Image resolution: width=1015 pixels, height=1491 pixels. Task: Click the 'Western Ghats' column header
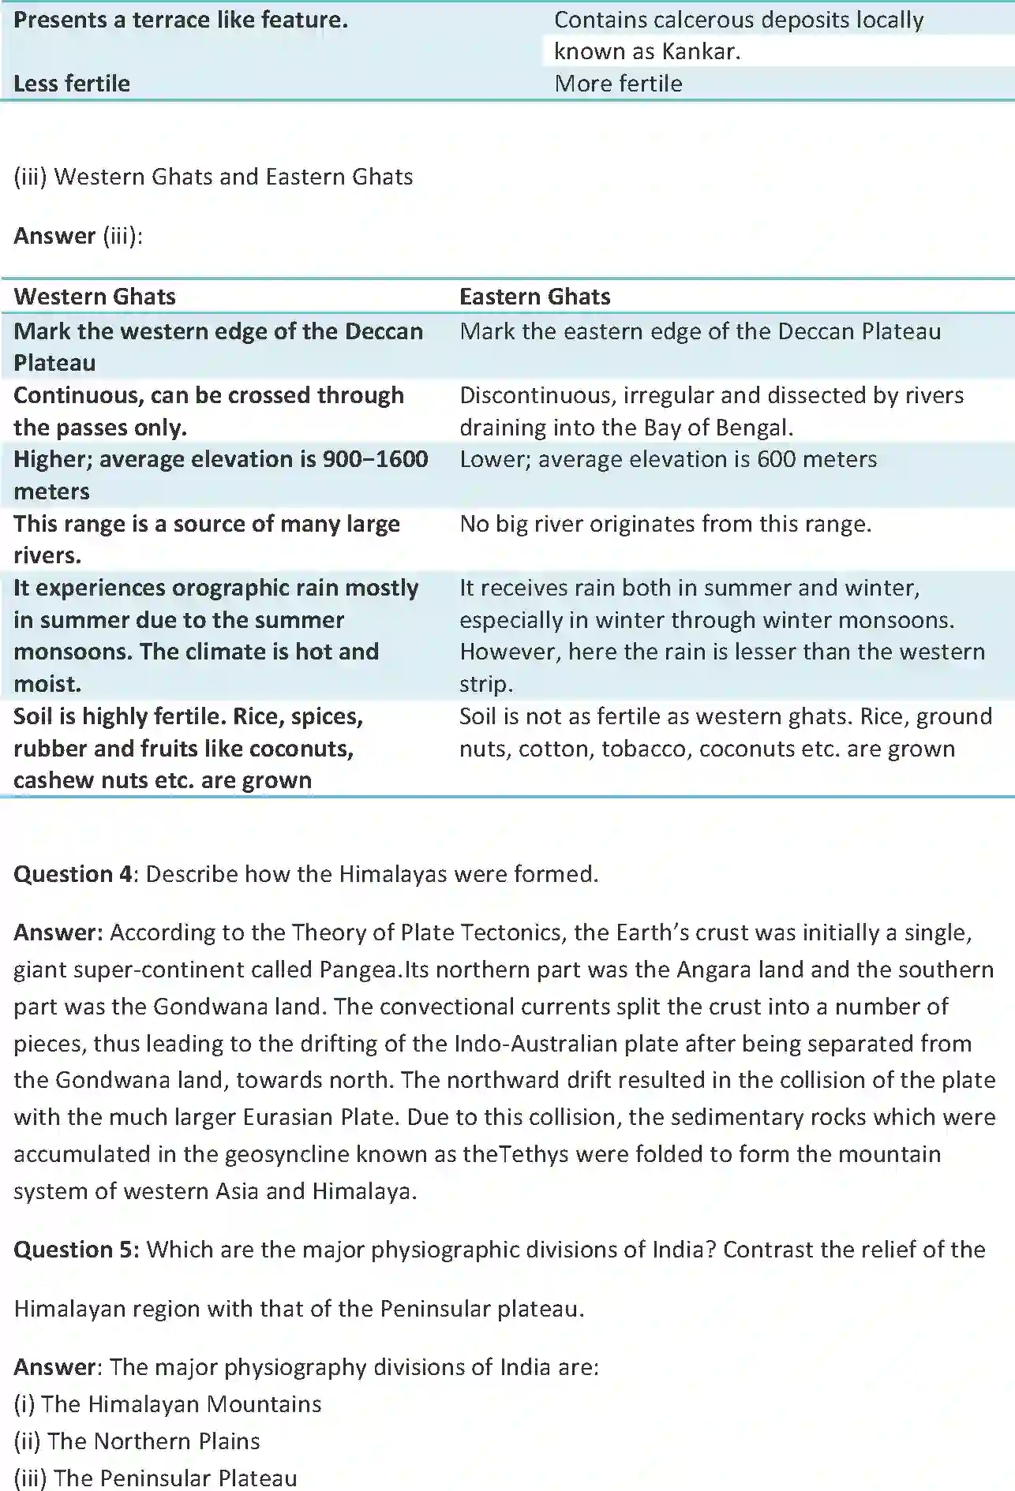(x=95, y=297)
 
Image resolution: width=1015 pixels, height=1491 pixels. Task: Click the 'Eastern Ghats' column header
(x=534, y=297)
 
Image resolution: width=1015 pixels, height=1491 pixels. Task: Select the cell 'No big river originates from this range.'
(x=665, y=524)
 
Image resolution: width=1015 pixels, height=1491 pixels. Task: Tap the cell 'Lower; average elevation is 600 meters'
(x=668, y=459)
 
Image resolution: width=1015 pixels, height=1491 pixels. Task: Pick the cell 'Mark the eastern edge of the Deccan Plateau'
(x=700, y=331)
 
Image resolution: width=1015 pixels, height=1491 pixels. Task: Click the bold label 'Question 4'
(x=73, y=874)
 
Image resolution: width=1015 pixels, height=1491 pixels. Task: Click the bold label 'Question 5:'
(x=77, y=1250)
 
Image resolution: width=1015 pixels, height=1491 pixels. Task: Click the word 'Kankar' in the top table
(x=699, y=52)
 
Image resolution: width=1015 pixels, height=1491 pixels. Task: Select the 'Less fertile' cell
(x=72, y=84)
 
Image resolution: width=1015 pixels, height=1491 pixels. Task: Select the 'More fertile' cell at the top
(x=618, y=84)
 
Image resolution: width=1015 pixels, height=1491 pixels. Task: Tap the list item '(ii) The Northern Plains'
(x=137, y=1441)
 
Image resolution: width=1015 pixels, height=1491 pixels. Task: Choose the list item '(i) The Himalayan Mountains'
(x=167, y=1404)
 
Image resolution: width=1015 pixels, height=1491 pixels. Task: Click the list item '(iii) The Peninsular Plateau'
(x=155, y=1478)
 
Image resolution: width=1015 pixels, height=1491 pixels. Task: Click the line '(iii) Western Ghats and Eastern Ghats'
(x=213, y=177)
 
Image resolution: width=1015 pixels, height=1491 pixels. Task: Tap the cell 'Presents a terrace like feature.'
(x=181, y=21)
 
